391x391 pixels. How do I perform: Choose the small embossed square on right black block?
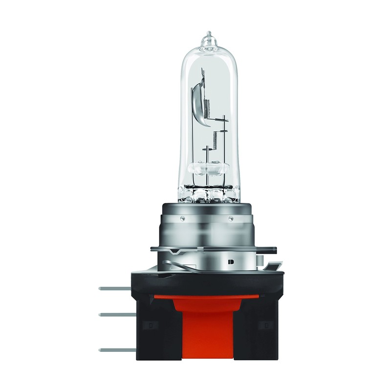click(x=265, y=324)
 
